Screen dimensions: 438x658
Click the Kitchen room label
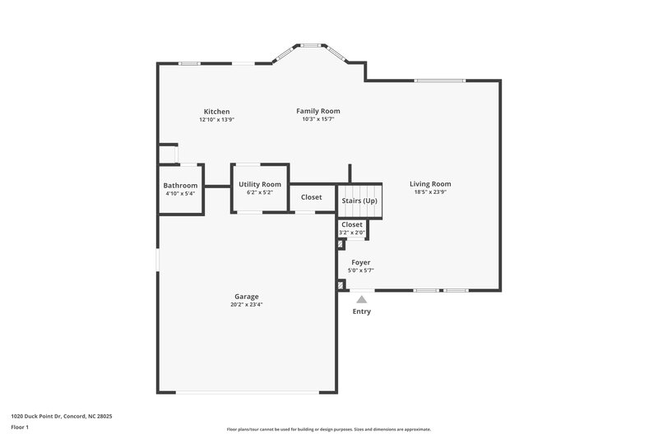click(216, 112)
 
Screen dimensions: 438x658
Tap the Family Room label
click(318, 111)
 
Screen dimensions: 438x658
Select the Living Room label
click(430, 184)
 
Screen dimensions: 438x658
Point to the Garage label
click(246, 297)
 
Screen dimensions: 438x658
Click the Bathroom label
click(180, 186)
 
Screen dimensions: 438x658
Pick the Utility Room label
click(260, 184)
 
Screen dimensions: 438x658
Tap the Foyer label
click(361, 262)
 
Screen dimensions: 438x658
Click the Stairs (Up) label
click(359, 201)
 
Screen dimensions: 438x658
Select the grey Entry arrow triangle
click(361, 300)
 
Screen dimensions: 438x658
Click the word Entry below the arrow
click(361, 311)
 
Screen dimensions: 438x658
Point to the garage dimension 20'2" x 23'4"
click(246, 305)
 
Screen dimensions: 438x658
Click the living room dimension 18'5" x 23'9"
click(430, 192)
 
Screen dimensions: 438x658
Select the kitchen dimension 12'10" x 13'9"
click(216, 120)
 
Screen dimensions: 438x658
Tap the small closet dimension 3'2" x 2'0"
click(352, 233)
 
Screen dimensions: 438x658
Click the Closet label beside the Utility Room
click(312, 197)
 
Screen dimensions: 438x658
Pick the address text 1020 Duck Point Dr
click(62, 416)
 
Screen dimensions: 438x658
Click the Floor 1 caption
click(21, 427)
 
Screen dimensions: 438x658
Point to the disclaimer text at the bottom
click(329, 429)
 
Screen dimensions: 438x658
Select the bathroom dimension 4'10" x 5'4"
click(180, 194)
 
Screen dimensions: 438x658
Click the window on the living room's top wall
click(440, 81)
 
